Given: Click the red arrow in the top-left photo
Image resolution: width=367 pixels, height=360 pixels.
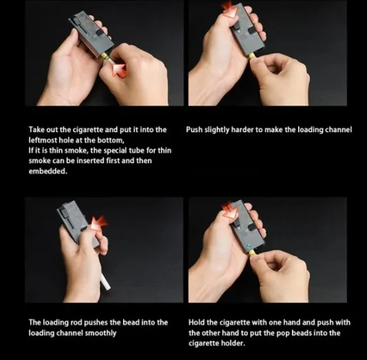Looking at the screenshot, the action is click(119, 70).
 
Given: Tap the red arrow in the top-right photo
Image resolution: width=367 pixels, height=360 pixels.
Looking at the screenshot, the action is click(229, 10).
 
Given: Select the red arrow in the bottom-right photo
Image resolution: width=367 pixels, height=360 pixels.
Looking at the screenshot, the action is click(229, 209).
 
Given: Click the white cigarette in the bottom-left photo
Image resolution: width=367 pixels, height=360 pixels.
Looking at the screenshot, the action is click(105, 282).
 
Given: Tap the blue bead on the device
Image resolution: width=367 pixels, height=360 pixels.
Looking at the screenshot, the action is click(249, 246).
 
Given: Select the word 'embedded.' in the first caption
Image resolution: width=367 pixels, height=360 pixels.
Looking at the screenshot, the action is click(48, 171).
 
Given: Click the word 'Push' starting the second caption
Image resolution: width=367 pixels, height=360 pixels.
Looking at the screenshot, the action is click(194, 129).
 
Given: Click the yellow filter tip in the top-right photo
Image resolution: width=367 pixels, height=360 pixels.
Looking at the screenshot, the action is click(252, 56).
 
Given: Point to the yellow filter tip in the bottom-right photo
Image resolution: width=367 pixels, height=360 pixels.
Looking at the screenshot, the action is click(252, 253).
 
